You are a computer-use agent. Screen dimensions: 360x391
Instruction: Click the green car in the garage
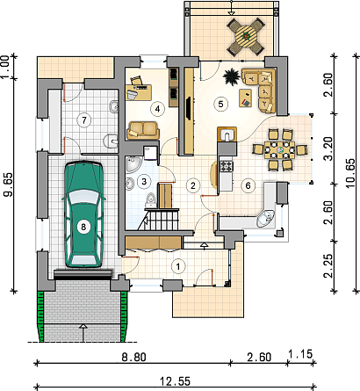(83, 214)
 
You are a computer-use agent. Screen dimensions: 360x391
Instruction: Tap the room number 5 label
(220, 104)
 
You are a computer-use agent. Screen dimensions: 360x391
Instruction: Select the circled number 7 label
(84, 120)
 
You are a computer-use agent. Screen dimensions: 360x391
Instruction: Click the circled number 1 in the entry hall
(177, 266)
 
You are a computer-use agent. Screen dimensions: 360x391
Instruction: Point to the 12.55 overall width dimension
(175, 381)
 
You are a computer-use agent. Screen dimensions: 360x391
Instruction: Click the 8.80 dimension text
(133, 357)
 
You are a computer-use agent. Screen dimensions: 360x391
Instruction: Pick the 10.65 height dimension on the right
(350, 173)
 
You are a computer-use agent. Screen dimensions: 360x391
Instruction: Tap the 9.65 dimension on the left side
(8, 185)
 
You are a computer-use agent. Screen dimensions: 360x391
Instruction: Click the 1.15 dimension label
(300, 354)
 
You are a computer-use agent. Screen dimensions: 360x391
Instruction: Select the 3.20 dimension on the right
(329, 148)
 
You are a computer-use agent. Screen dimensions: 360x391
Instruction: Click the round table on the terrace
(246, 37)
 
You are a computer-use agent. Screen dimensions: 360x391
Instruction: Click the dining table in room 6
(279, 150)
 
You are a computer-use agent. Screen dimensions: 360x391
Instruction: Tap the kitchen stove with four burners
(227, 166)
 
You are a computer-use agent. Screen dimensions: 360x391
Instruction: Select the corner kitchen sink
(265, 219)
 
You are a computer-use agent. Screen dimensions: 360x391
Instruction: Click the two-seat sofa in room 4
(143, 130)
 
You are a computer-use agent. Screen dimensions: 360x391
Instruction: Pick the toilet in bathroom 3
(151, 199)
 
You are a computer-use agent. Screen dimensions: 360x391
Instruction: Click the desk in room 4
(139, 92)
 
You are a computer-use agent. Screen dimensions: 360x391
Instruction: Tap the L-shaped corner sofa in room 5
(259, 91)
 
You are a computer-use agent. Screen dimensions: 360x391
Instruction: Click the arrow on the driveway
(83, 333)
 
